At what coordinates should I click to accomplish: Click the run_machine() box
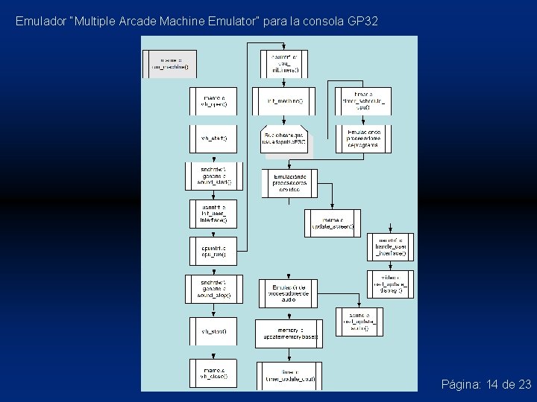click(x=169, y=63)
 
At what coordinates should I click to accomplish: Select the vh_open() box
click(x=214, y=101)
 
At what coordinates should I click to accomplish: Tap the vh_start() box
click(x=214, y=138)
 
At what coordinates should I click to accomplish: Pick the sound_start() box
click(x=214, y=176)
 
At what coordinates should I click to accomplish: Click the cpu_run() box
click(x=214, y=250)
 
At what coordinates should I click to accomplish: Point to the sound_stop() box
click(x=214, y=289)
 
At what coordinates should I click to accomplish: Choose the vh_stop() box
click(x=214, y=331)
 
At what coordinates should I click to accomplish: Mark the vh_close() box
click(x=214, y=374)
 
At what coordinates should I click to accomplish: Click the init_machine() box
click(x=284, y=101)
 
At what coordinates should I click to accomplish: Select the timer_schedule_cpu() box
click(x=362, y=101)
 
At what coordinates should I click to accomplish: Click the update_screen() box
click(x=333, y=223)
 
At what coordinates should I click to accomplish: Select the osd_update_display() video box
click(x=391, y=284)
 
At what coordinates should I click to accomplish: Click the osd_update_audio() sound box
click(x=362, y=321)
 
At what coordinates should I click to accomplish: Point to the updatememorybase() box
click(x=289, y=334)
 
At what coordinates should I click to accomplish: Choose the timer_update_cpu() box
click(x=289, y=374)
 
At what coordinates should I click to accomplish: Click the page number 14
click(x=492, y=384)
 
